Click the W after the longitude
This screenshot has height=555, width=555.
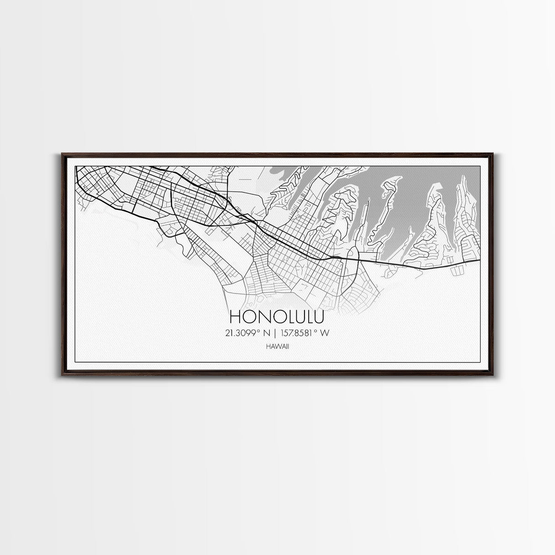coord(324,333)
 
